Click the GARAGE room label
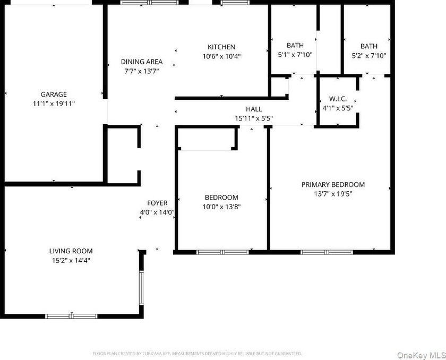point(54,94)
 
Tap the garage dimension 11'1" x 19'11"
point(54,104)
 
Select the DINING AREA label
point(142,62)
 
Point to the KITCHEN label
point(221,47)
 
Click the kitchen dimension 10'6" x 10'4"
point(221,56)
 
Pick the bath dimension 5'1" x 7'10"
point(295,55)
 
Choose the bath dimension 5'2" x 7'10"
point(369,55)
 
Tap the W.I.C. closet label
point(338,99)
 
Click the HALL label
point(254,109)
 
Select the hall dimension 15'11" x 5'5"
point(254,118)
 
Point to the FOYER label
point(157,203)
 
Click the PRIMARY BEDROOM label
point(333,185)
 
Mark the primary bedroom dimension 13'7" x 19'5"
point(333,194)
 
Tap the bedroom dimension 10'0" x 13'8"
point(221,207)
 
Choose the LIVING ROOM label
point(71,251)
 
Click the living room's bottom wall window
point(71,316)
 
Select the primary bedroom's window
point(327,252)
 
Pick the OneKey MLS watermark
point(421,355)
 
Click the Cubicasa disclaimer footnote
point(197,354)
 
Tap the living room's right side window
point(141,288)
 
